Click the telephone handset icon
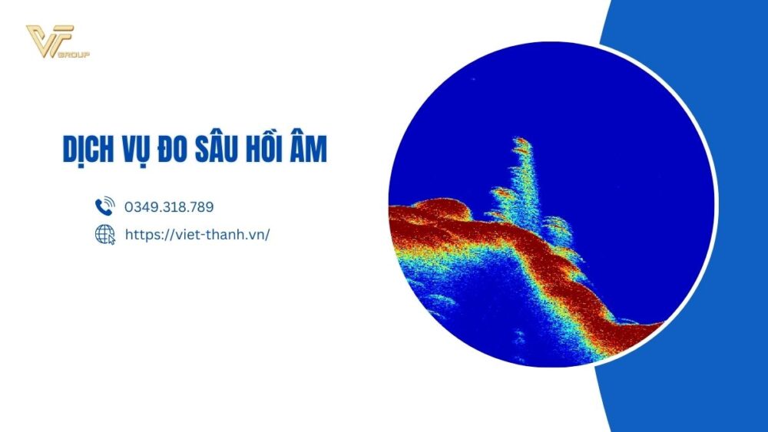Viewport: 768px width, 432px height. pos(104,206)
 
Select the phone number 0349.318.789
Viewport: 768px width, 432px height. pos(169,207)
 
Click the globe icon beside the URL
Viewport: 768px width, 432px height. pos(104,235)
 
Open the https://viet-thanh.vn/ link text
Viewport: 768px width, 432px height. pos(197,235)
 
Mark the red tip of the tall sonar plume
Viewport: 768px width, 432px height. pos(521,142)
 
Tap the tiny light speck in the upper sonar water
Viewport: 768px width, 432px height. pos(472,79)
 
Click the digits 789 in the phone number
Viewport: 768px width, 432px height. pos(202,207)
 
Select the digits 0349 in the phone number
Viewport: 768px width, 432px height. pos(139,207)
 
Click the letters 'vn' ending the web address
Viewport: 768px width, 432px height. pos(258,235)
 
